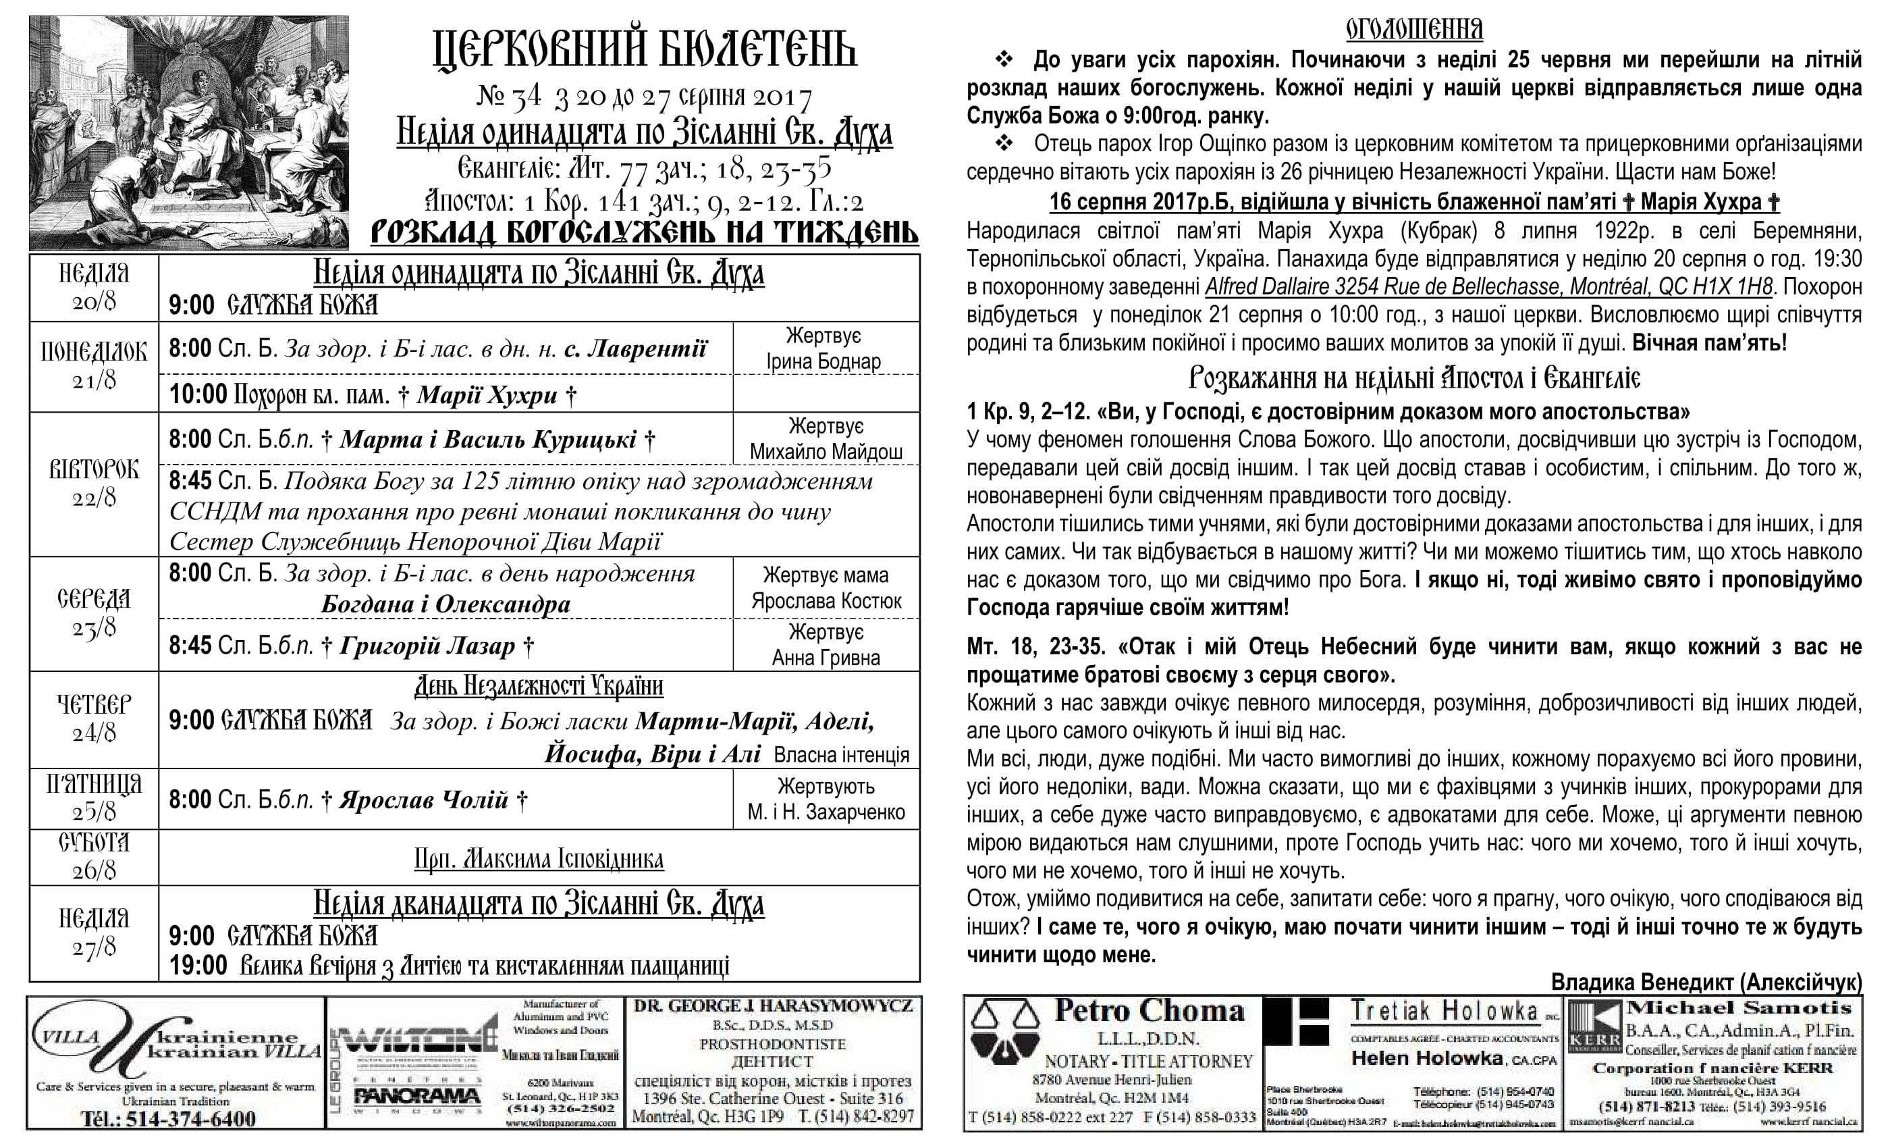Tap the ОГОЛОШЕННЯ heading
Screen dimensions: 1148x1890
point(1414,29)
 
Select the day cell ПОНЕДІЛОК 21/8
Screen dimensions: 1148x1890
point(94,366)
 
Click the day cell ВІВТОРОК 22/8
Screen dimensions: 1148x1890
point(94,484)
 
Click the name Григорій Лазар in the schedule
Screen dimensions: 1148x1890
point(427,646)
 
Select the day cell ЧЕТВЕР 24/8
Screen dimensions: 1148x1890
point(94,719)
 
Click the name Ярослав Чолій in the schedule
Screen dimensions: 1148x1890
point(424,800)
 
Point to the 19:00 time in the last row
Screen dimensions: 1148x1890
point(198,964)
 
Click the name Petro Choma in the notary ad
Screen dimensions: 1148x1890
point(1148,1012)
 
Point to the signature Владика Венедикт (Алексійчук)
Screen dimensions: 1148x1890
point(1706,983)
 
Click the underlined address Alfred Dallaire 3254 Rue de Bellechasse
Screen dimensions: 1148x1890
point(1488,287)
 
